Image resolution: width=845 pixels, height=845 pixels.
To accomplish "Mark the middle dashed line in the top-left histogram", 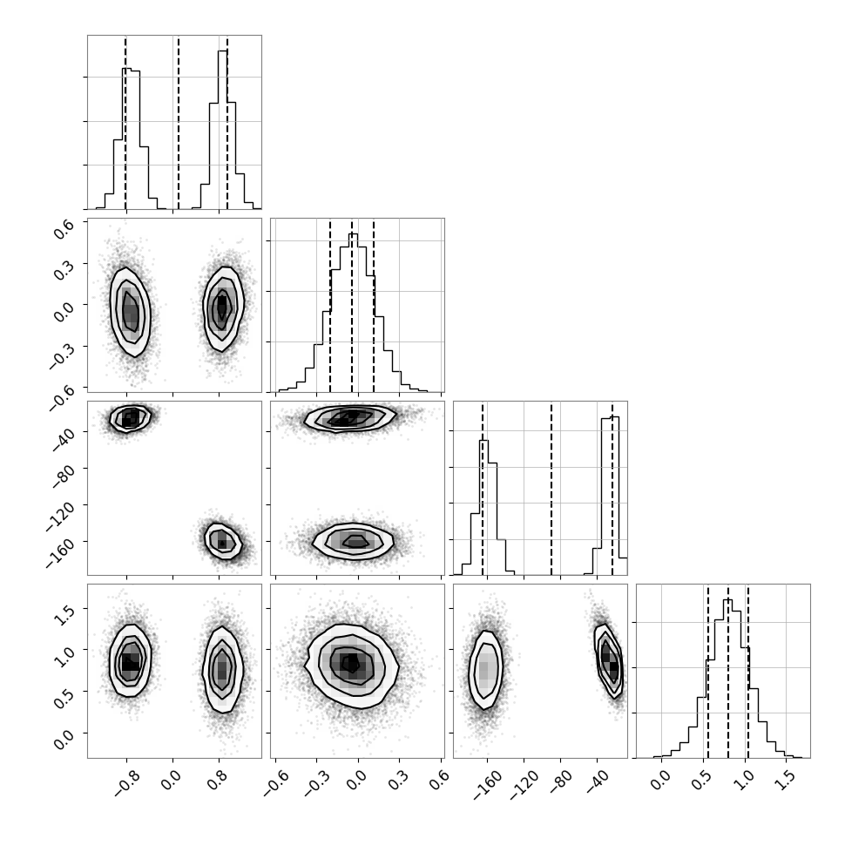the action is point(179,122).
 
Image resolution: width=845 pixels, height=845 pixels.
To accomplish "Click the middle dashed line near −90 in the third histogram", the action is point(551,488).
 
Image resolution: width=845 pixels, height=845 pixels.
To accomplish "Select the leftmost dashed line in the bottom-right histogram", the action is point(708,671).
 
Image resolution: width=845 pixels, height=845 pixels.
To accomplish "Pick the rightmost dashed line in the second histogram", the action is point(374,305).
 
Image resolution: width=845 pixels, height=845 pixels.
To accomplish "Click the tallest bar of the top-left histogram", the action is point(222,130).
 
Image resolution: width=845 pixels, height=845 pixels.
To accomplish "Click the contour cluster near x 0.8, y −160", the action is point(222,541).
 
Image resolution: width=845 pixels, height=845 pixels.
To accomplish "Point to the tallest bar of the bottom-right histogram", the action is point(727,679).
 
